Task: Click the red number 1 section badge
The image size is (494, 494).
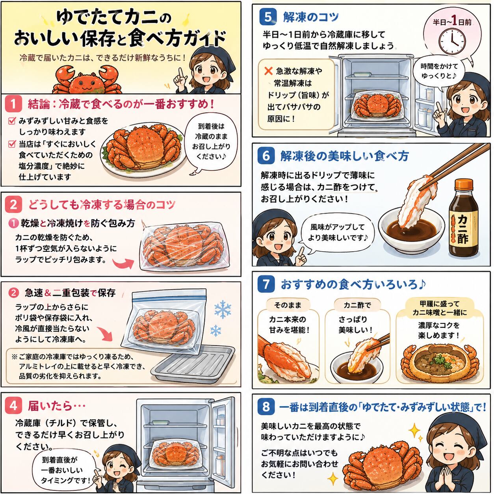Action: pyautogui.click(x=13, y=104)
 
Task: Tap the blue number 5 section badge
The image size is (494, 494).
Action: pyautogui.click(x=268, y=17)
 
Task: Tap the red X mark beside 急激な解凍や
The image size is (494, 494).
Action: pyautogui.click(x=268, y=71)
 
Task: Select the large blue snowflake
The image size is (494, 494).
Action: pyautogui.click(x=223, y=309)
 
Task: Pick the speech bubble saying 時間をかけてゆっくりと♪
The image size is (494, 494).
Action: pyautogui.click(x=439, y=71)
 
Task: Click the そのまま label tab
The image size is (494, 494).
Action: pyautogui.click(x=288, y=305)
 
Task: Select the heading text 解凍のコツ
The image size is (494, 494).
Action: pyautogui.click(x=311, y=17)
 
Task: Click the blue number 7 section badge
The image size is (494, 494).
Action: pyautogui.click(x=266, y=284)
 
